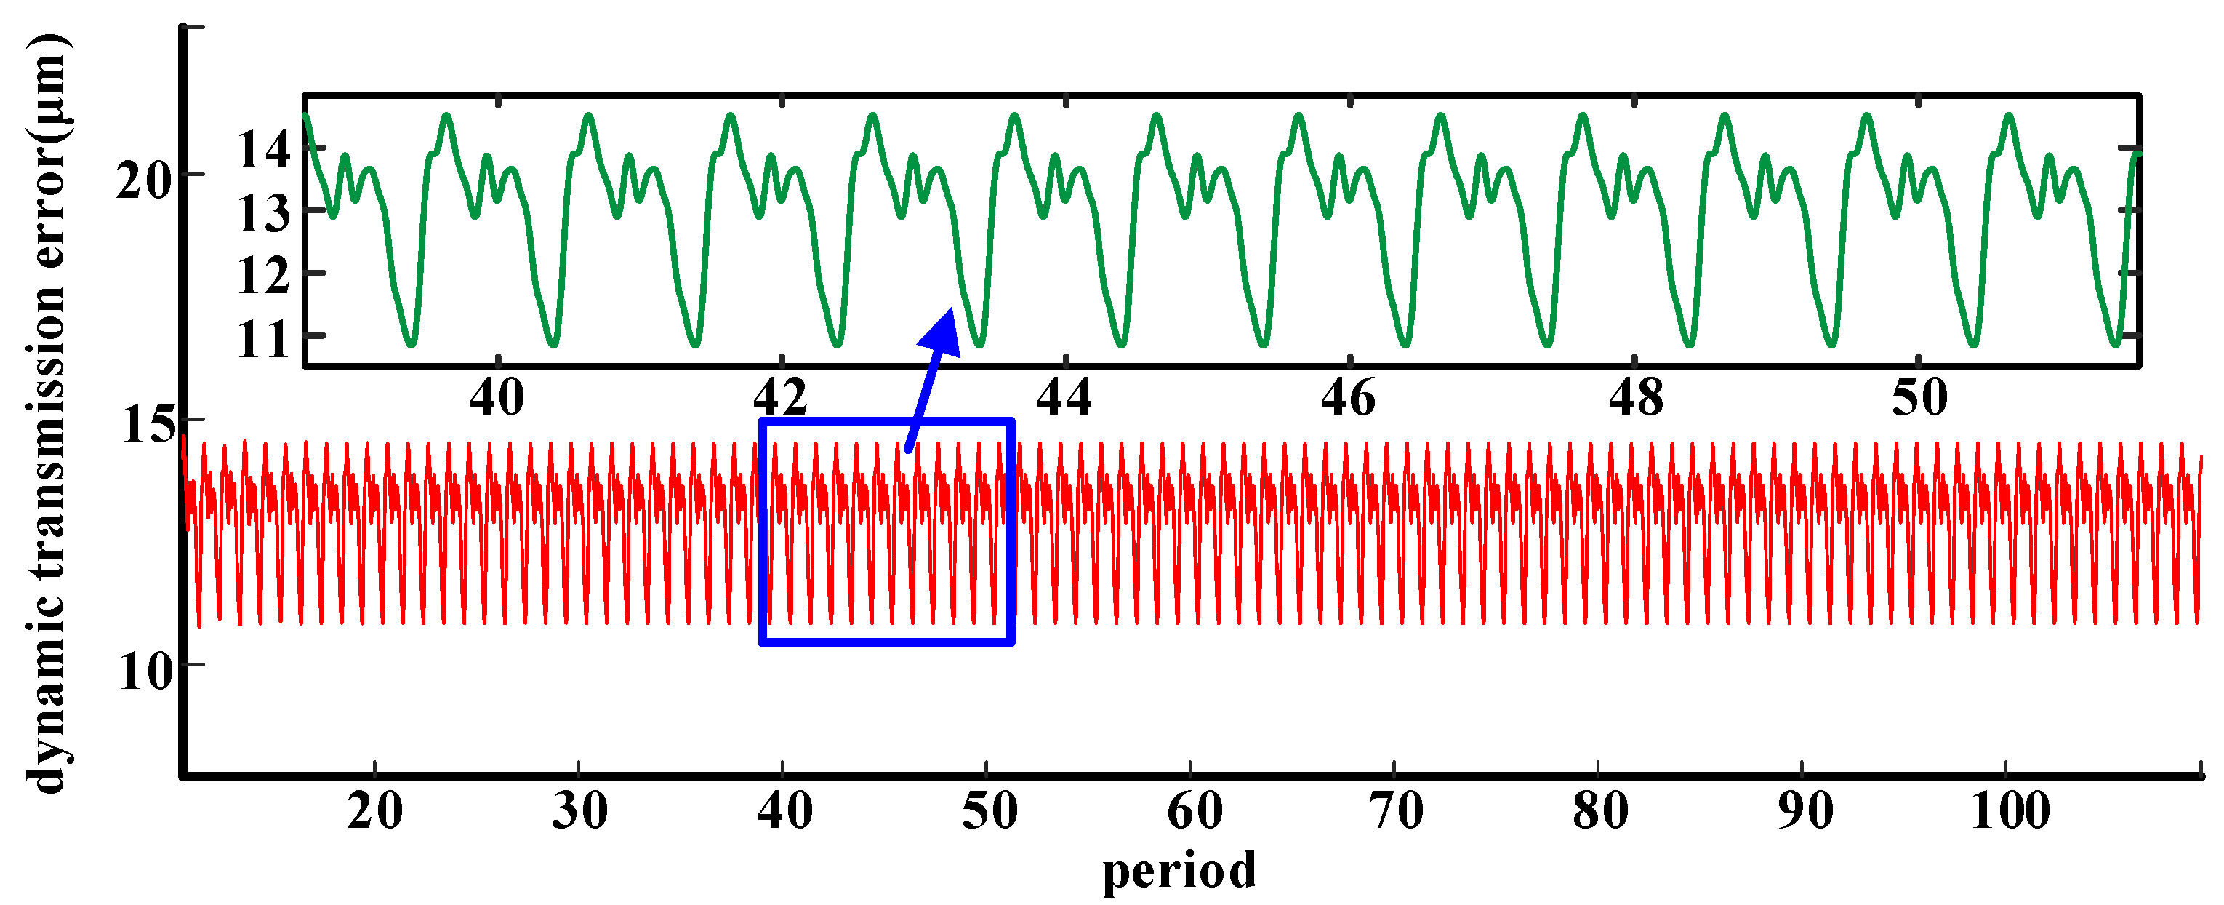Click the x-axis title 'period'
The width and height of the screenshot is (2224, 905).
click(1179, 871)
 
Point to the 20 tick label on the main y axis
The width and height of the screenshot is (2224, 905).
click(144, 181)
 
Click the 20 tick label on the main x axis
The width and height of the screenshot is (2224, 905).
click(374, 811)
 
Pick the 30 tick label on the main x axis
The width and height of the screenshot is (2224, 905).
click(579, 811)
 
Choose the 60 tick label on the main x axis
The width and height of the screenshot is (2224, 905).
click(1194, 811)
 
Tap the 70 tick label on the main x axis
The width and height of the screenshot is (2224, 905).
click(1396, 811)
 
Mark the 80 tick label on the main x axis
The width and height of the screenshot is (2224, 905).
click(1599, 811)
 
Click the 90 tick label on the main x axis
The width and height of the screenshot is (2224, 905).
click(1805, 811)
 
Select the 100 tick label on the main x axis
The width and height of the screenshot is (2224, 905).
click(2010, 811)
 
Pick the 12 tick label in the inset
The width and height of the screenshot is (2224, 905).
click(263, 276)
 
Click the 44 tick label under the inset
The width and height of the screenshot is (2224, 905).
click(1064, 398)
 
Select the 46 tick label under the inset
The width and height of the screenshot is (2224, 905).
click(1348, 398)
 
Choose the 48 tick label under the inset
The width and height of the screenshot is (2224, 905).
click(1635, 398)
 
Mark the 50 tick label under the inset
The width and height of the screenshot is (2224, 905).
click(1919, 398)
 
